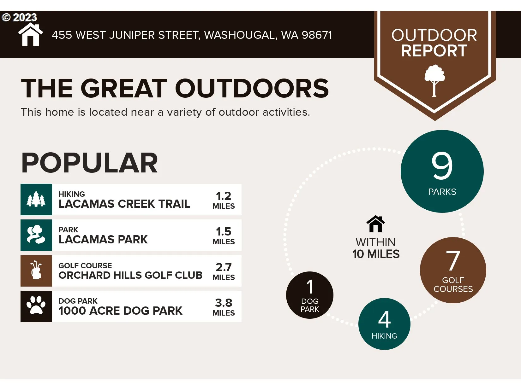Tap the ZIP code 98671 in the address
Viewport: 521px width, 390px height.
pos(317,35)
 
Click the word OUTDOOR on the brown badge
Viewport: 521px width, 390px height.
pos(434,35)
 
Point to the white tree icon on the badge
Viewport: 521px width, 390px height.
pos(434,81)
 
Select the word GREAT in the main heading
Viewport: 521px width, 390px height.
pos(123,88)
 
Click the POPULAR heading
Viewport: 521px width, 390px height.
pos(89,163)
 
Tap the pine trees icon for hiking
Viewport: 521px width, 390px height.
pos(36,199)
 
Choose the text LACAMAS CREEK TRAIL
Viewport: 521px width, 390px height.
pos(124,204)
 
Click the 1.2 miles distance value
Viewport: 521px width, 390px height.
pos(223,196)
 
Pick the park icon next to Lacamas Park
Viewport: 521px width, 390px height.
pos(36,235)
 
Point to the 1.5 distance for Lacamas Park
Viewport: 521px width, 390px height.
pos(223,231)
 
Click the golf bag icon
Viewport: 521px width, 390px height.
pos(36,270)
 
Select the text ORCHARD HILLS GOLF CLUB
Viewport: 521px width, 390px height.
pos(130,275)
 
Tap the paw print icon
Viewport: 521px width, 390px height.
pos(36,305)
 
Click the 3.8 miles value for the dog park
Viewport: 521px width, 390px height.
pos(223,303)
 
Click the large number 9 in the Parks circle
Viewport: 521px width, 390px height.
pos(442,166)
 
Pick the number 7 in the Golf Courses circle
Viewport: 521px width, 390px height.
pos(453,260)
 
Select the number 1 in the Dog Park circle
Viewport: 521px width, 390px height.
pos(310,286)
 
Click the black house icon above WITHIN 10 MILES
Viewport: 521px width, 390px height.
pos(375,224)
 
